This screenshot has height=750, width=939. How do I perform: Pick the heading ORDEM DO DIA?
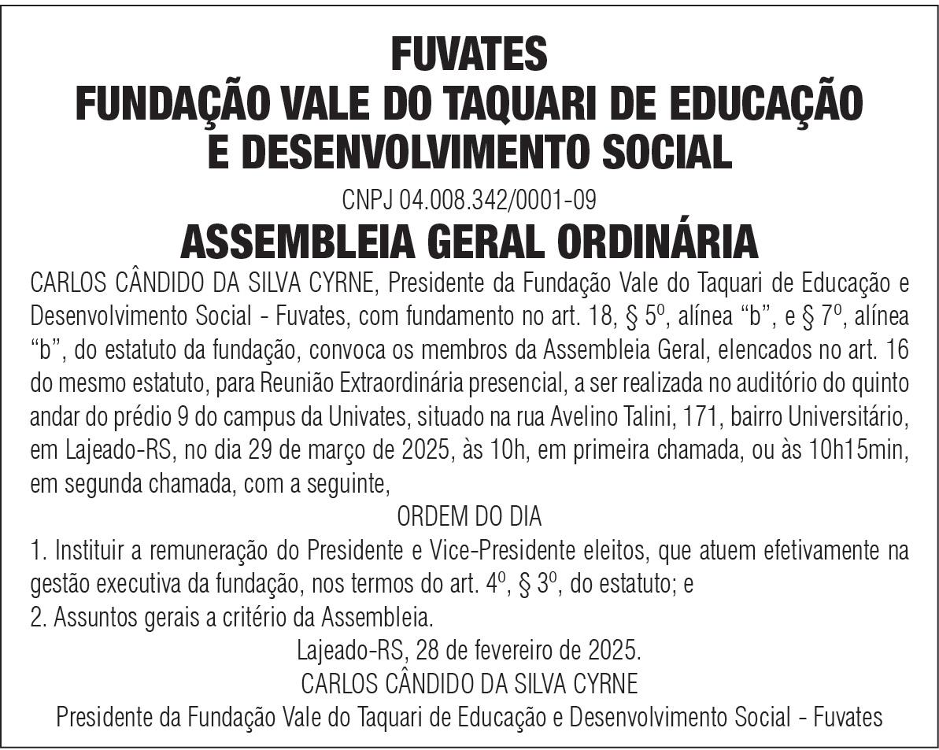[469, 517]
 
